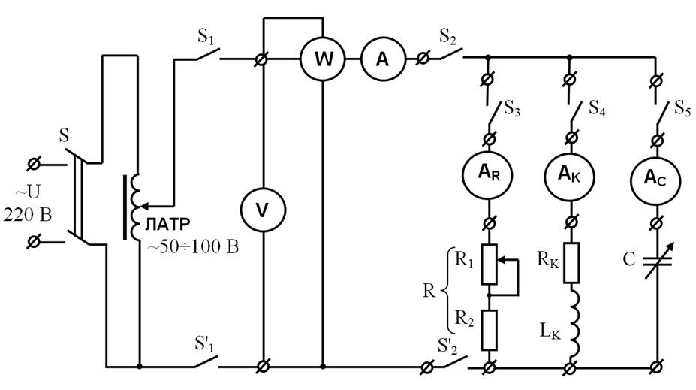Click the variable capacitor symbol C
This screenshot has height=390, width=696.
tap(657, 261)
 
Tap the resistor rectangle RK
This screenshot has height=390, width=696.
tap(571, 263)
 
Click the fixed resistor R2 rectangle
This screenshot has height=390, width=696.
tap(489, 331)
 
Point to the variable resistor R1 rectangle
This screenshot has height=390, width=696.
tap(489, 265)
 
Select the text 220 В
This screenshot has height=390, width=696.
tap(28, 215)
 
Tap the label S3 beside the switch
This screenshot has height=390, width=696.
tap(512, 108)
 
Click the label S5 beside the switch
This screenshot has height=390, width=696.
tap(682, 108)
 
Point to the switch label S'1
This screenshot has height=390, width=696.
tap(205, 344)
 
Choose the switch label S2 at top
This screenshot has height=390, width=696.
tap(447, 37)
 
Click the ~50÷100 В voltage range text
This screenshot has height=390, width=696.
tap(193, 247)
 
